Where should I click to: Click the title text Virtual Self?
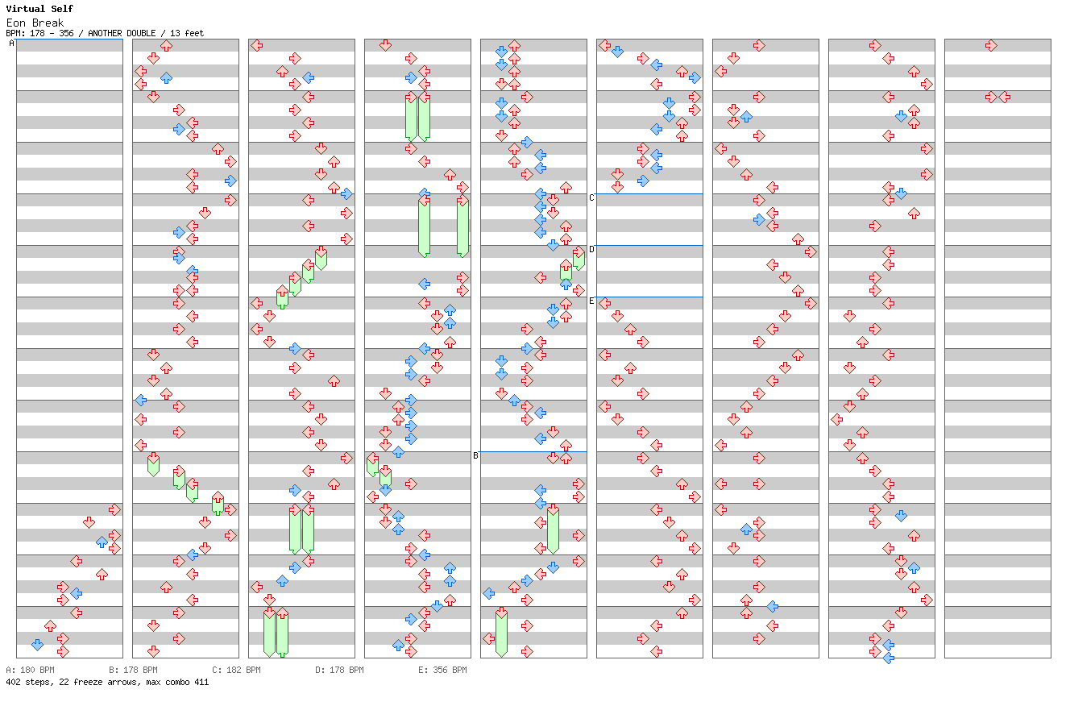click(x=39, y=9)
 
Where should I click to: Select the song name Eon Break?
click(x=35, y=23)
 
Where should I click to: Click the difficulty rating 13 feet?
click(x=187, y=34)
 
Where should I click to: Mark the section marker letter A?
click(x=11, y=44)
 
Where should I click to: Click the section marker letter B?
click(x=475, y=455)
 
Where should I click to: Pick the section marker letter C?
click(x=591, y=197)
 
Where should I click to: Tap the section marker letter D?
click(x=591, y=249)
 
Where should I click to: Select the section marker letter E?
click(x=591, y=301)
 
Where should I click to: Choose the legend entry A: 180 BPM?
click(x=30, y=670)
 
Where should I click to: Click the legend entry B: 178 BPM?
click(x=133, y=670)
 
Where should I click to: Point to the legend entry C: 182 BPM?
click(x=236, y=670)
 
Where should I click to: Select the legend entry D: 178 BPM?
click(x=339, y=670)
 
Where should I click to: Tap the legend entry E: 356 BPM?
click(x=442, y=670)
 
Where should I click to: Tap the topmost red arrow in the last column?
click(x=991, y=45)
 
